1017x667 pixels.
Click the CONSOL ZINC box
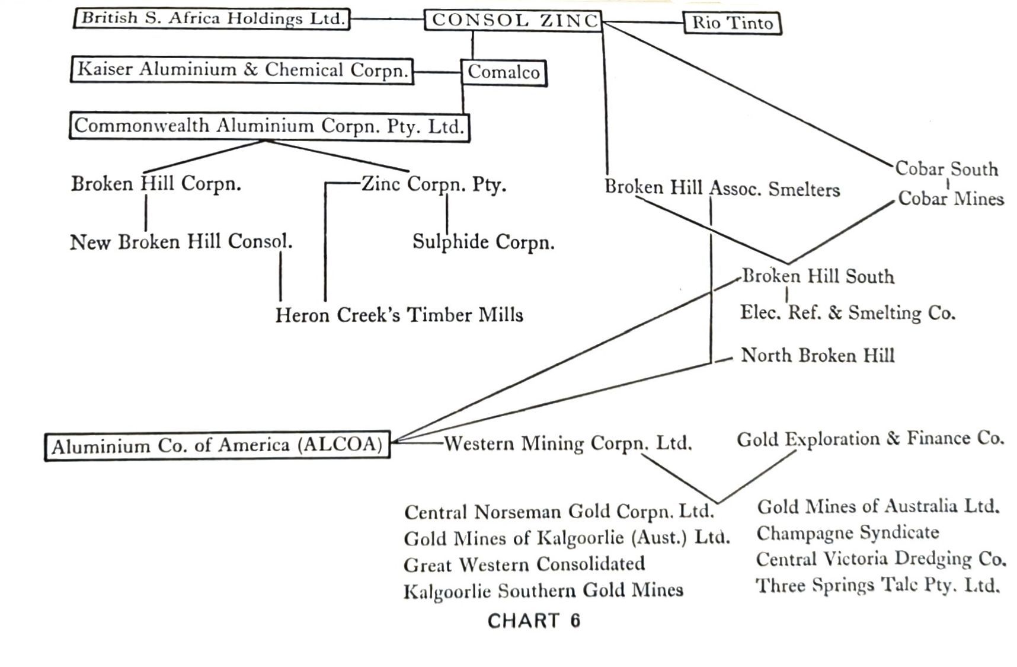click(513, 21)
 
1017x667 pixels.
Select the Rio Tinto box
click(732, 23)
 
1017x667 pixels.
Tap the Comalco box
click(504, 72)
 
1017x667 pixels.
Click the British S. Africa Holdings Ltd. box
click(212, 18)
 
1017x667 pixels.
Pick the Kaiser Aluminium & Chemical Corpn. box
click(242, 70)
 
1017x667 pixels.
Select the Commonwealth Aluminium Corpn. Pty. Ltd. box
click(269, 126)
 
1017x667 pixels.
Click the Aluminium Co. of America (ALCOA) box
click(218, 446)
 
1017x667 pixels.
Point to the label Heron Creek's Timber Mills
click(399, 314)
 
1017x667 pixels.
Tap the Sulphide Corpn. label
click(483, 242)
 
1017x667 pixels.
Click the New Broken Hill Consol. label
click(181, 242)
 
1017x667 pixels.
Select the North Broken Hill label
click(817, 356)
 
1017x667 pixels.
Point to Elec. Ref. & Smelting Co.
click(848, 312)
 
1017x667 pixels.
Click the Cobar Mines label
click(951, 199)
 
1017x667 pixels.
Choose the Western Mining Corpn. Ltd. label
click(568, 443)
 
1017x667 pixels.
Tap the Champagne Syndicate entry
click(848, 533)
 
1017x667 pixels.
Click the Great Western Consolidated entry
click(524, 564)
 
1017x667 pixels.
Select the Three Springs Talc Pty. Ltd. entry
click(878, 586)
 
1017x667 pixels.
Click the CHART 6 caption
click(533, 621)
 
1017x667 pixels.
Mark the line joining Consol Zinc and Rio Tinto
click(643, 23)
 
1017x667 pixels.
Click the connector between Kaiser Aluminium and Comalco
click(437, 72)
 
